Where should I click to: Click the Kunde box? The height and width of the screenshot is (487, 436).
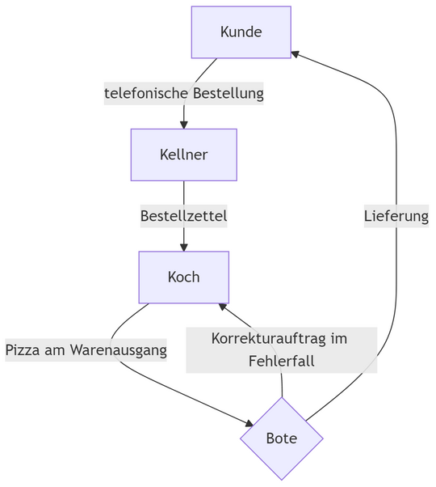pos(241,32)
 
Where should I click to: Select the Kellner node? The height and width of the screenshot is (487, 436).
pos(183,155)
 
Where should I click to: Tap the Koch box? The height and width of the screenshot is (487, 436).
pos(183,277)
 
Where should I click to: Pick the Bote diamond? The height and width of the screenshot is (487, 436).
pos(281,439)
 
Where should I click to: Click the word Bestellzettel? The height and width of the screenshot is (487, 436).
pos(183,216)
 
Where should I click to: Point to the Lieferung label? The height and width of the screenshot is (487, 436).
pos(396,216)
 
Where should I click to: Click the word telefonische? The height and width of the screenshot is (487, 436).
pos(145,94)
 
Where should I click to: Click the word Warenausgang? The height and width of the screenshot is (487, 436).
pos(119,350)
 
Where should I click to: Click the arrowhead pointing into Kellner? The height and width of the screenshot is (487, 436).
pos(183,124)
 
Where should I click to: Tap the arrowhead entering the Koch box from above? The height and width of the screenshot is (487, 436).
pos(183,247)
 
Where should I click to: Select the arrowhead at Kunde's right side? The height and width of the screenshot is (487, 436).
pos(296,53)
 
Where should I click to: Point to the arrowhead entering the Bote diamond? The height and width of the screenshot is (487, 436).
pos(249,423)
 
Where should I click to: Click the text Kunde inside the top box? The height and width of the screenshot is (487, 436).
pos(241,32)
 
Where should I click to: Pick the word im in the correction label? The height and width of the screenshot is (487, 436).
pos(339,338)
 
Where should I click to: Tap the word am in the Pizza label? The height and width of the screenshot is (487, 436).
pos(56,350)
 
